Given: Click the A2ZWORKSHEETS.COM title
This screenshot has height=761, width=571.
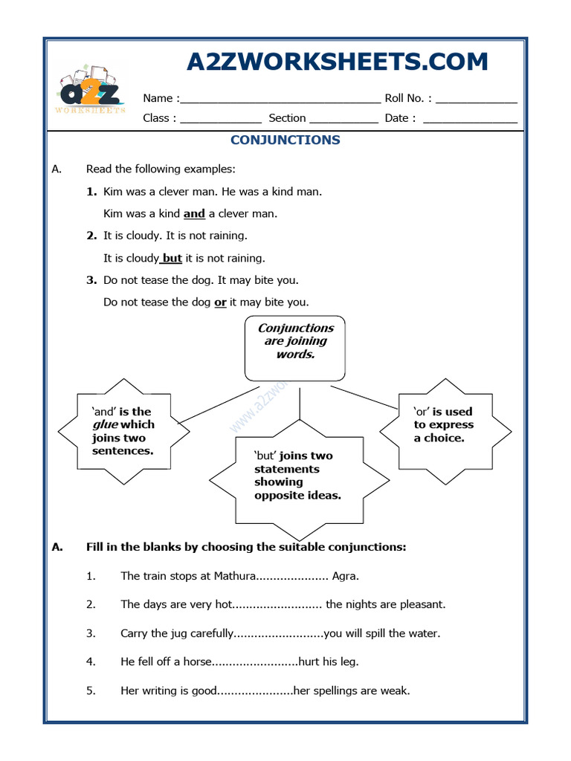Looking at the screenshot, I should point(337,62).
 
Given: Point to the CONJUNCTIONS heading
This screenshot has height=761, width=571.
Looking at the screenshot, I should point(285,140).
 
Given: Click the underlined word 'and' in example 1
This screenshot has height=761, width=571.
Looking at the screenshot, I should point(194,214).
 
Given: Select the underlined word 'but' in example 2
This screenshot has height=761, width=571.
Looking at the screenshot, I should point(172,259).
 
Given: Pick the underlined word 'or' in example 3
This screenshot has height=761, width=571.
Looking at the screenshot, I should point(220,303).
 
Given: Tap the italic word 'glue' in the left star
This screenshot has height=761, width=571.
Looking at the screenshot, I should point(105,425).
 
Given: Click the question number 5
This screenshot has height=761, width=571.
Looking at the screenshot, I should point(91,691).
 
